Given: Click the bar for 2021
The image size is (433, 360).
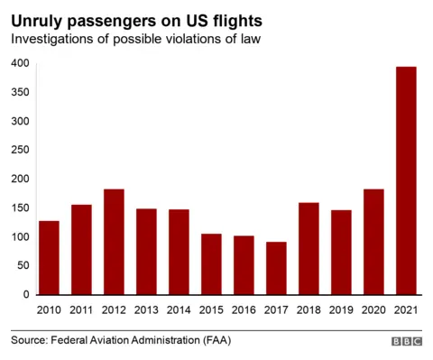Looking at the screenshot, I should (408, 180).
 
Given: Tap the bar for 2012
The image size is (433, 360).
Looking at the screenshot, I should (114, 242).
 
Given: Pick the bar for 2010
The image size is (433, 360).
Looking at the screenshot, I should (49, 257).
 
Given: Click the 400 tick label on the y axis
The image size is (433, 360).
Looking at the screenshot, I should (19, 63).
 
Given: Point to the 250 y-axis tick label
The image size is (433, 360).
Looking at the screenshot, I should (19, 150).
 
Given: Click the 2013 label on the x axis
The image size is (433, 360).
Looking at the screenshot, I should (146, 309).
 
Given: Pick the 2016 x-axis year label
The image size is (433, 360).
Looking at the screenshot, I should (244, 309).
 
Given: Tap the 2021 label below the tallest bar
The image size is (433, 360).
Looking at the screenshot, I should (408, 309).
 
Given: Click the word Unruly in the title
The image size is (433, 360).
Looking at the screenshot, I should (38, 19).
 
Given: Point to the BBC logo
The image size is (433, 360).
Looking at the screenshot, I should (407, 342).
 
